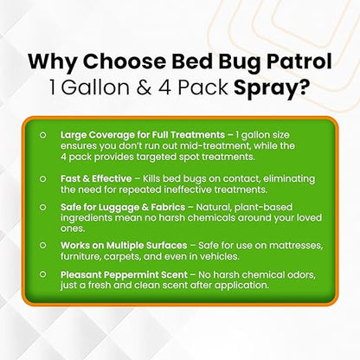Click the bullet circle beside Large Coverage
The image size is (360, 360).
(x=42, y=136)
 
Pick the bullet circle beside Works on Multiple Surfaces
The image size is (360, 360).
(x=42, y=249)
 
